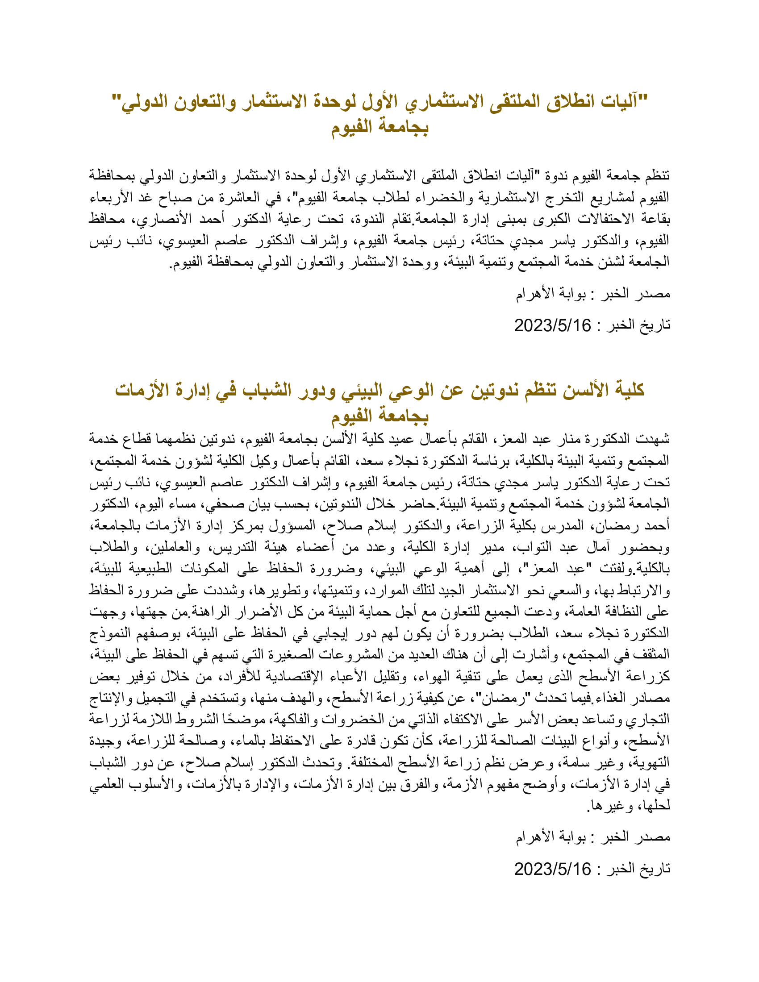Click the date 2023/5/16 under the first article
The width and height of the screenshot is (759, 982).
552,325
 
